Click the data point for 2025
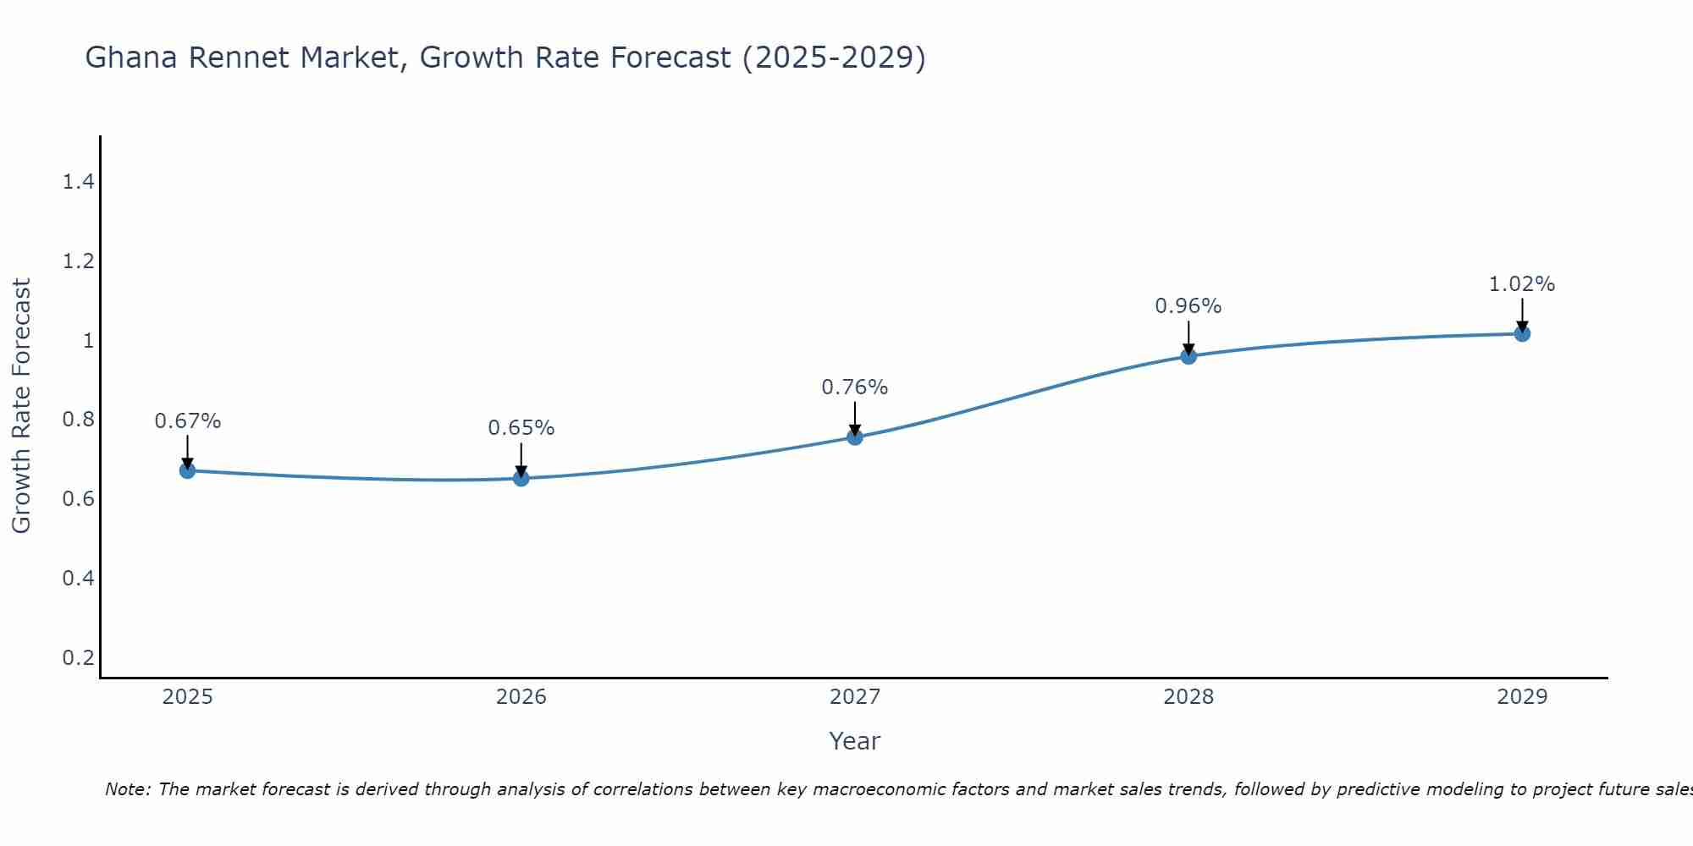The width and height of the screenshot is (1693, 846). click(x=187, y=470)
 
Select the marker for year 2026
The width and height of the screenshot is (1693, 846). click(x=521, y=478)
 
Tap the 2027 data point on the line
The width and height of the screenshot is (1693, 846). click(x=854, y=437)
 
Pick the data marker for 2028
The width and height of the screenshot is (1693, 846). click(x=1188, y=356)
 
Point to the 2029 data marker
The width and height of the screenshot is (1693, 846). click(x=1521, y=333)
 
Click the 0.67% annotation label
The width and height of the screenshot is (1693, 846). click(x=187, y=420)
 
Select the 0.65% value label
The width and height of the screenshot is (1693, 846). click(x=521, y=427)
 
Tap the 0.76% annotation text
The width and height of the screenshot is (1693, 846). click(x=854, y=387)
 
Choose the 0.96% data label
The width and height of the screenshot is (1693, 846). click(x=1188, y=305)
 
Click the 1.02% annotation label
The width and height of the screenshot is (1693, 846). click(x=1521, y=283)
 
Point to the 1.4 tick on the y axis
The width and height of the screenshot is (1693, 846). click(x=78, y=181)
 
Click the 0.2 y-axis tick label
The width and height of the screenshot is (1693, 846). click(x=78, y=657)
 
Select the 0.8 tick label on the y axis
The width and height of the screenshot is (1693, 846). click(x=78, y=420)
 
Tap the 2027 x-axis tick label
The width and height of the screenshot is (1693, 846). click(x=854, y=696)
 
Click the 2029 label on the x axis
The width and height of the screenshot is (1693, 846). click(x=1521, y=696)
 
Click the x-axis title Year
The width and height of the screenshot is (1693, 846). click(x=854, y=741)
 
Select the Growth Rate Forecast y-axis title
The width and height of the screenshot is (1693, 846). click(x=21, y=406)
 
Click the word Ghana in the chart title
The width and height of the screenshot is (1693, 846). click(x=131, y=58)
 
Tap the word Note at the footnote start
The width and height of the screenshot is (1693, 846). click(x=127, y=789)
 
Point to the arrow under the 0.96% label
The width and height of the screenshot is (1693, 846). click(x=1188, y=338)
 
